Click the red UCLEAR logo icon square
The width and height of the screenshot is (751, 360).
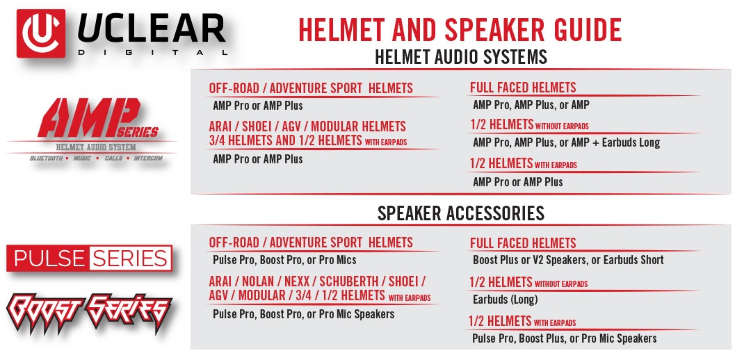pos(41,33)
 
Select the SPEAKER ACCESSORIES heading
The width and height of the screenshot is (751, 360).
pos(461,213)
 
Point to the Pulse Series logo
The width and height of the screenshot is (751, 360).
pos(90,259)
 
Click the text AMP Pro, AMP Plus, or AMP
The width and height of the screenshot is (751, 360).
pos(531,105)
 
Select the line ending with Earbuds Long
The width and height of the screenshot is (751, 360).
pos(567,142)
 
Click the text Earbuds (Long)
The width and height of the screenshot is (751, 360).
pos(506,300)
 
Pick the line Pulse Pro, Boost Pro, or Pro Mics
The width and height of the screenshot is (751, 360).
pos(284,261)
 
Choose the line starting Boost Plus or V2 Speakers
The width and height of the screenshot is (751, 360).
pos(569,260)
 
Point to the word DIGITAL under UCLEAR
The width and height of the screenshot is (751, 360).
pos(152,52)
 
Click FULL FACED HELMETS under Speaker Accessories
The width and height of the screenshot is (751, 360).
pos(523,243)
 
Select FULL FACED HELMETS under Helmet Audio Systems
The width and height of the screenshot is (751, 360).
pos(523,88)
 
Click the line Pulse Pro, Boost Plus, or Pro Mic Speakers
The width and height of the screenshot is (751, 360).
pos(565,338)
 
